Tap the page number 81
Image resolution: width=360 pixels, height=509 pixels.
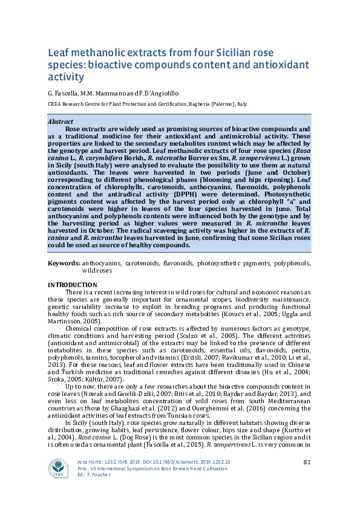click(x=307, y=462)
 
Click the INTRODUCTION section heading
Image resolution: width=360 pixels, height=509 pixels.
click(x=72, y=285)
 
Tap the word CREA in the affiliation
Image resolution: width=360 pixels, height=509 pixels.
click(x=55, y=104)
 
